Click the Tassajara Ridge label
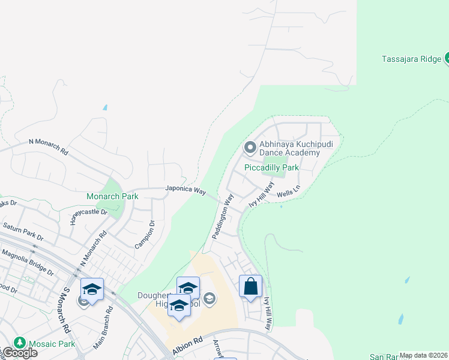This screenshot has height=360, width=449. tap(412, 59)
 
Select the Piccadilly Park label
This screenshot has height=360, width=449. tap(271, 168)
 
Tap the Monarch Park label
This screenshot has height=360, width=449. tap(112, 196)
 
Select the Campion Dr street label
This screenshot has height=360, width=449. tap(145, 234)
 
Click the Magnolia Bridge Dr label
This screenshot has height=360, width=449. tap(28, 263)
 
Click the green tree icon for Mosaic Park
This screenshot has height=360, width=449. tap(20, 343)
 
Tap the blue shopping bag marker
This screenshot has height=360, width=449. tap(250, 287)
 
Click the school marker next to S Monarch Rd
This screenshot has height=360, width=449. tap(92, 290)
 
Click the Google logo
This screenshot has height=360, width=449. tap(19, 353)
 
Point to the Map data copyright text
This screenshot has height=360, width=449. tap(424, 355)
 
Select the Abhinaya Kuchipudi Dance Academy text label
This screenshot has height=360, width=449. tap(290, 149)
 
